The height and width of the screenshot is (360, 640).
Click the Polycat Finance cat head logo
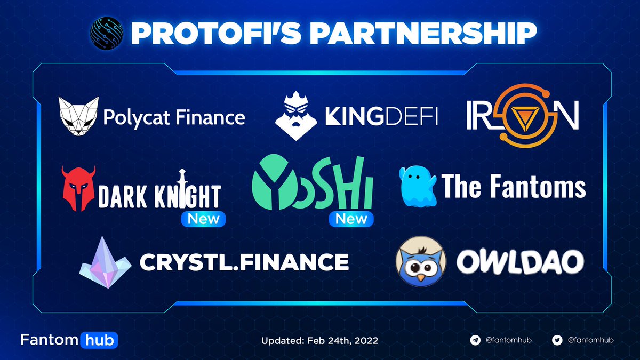[78, 116]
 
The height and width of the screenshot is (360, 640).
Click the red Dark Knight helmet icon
[78, 189]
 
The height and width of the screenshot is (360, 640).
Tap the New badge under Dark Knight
[203, 219]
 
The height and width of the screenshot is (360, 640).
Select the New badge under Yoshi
[351, 219]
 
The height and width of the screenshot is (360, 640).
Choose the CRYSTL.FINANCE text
[244, 261]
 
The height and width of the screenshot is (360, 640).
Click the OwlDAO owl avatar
[420, 261]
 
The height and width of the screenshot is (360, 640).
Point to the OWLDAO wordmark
[520, 261]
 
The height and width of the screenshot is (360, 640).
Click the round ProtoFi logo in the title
[108, 33]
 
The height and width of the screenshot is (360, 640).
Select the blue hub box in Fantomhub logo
[99, 339]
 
